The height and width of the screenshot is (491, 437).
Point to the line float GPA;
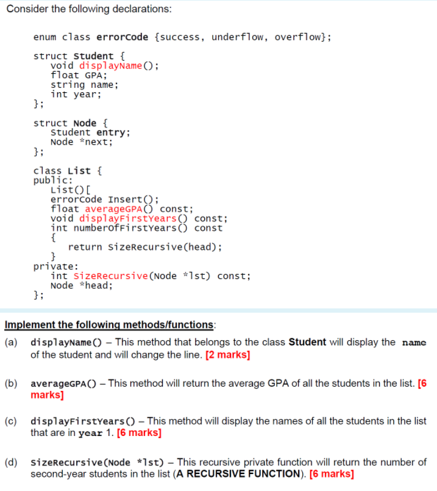point(79,75)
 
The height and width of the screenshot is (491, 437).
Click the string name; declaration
point(84,85)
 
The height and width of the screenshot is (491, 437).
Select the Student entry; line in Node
point(90,133)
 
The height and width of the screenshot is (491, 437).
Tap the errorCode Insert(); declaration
point(105,199)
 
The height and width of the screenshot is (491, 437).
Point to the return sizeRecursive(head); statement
point(145,247)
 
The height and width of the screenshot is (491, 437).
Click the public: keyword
point(54,180)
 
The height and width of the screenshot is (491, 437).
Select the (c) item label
point(11,421)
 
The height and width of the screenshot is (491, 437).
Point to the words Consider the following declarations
point(88,10)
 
